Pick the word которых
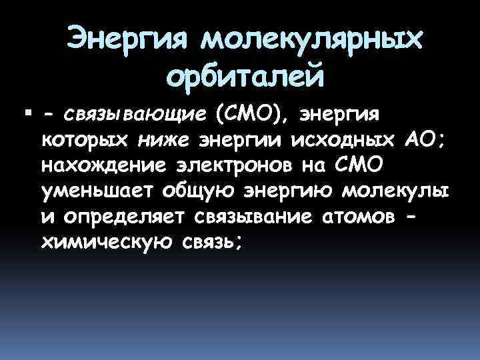(86, 141)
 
